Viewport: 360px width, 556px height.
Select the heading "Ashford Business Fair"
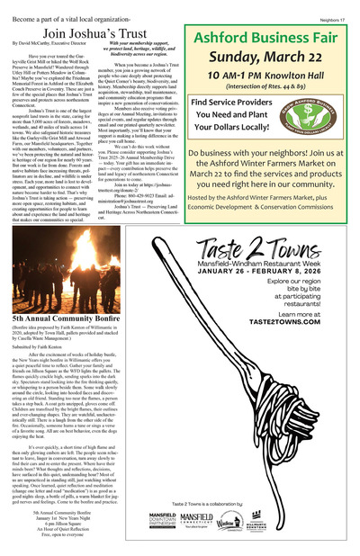(x=271, y=39)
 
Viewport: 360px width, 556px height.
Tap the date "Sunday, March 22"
(x=271, y=60)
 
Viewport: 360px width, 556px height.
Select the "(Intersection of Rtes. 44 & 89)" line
(x=271, y=93)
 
